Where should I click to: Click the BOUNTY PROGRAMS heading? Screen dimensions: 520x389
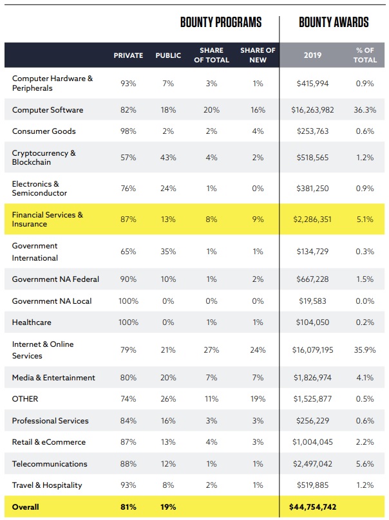[220, 23]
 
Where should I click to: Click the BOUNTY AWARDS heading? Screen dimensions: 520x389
[334, 23]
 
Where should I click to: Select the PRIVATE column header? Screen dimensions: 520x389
[128, 55]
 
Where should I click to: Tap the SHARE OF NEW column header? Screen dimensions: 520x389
[258, 55]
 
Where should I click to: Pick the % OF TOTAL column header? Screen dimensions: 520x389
[365, 55]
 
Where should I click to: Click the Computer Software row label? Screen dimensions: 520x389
[48, 110]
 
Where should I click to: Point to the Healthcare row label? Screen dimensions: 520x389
[32, 322]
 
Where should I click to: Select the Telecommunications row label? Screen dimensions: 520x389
[50, 464]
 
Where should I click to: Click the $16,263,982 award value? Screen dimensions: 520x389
[312, 110]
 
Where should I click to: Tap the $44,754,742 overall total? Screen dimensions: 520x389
[312, 507]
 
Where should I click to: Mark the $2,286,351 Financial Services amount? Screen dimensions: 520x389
[312, 219]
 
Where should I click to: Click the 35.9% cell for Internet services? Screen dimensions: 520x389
[365, 350]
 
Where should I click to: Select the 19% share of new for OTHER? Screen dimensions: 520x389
[258, 399]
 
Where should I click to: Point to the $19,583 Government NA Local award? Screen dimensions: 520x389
[312, 301]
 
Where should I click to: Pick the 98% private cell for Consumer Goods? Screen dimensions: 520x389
[128, 131]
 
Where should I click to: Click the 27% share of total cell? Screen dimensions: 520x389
[211, 350]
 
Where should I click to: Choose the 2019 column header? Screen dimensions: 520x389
[312, 55]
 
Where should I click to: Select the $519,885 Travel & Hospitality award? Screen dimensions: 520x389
[312, 485]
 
